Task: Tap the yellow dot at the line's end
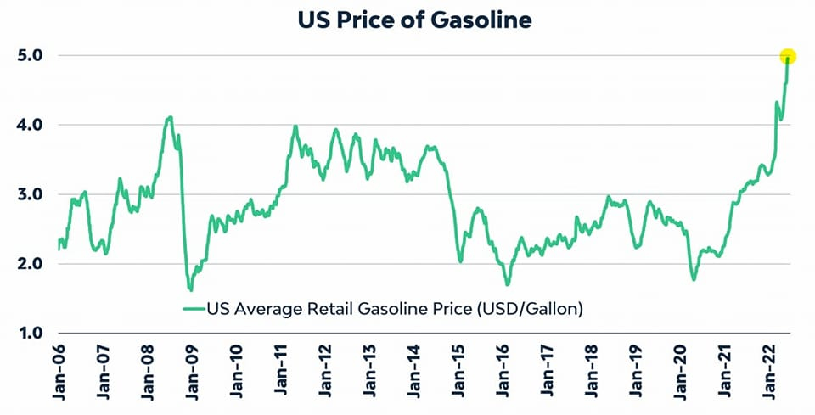pyautogui.click(x=788, y=56)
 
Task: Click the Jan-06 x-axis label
pyautogui.click(x=59, y=373)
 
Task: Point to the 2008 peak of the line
pyautogui.click(x=171, y=117)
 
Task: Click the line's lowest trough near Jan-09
pyautogui.click(x=190, y=290)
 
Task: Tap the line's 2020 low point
pyautogui.click(x=694, y=279)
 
